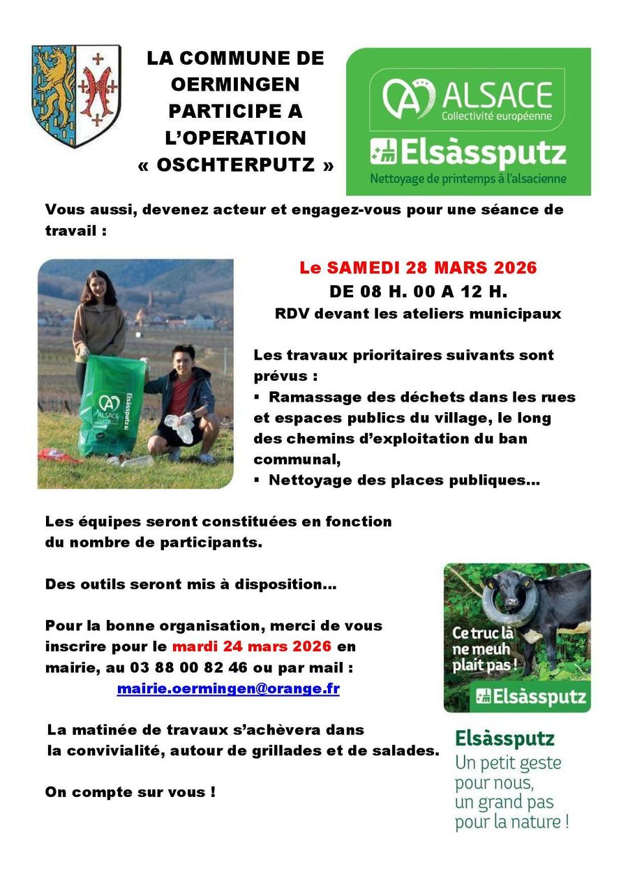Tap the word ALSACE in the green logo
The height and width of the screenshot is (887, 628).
click(x=496, y=95)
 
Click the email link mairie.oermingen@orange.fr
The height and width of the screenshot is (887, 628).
click(x=228, y=689)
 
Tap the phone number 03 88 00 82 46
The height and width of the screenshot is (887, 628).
click(x=188, y=667)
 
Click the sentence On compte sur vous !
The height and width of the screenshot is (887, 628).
click(x=130, y=792)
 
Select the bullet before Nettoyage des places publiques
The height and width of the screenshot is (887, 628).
click(x=257, y=480)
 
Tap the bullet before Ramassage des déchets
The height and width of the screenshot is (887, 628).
click(x=257, y=397)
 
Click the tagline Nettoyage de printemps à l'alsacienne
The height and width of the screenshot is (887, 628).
click(x=468, y=179)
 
